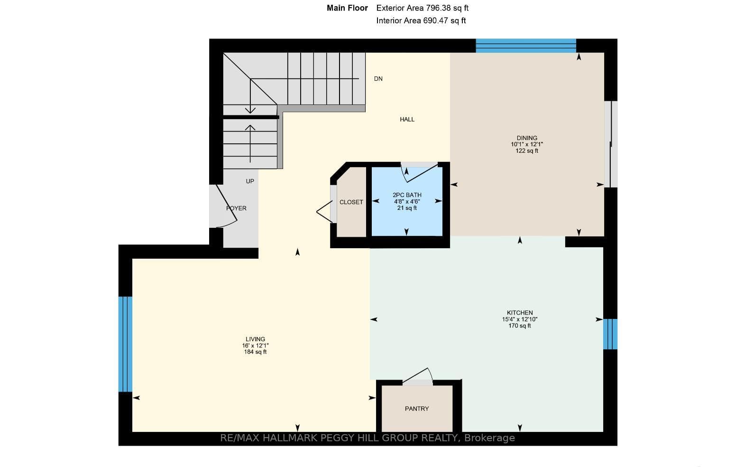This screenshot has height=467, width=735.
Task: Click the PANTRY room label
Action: coord(417,409)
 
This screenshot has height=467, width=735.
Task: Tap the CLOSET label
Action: coord(351,202)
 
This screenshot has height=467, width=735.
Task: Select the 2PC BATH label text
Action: coord(407,195)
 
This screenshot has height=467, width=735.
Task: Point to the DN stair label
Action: coord(378,78)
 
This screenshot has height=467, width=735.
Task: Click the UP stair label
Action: coord(250,181)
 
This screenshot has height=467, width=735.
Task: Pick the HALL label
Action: coord(407,119)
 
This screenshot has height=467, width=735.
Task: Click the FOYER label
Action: coord(236,208)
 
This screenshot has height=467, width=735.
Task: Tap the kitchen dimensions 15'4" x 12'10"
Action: coord(520,319)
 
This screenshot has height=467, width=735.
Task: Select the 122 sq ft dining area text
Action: coord(527,151)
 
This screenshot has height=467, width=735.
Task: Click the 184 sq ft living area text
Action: coord(255,352)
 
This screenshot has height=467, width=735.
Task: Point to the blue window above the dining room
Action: coord(526,46)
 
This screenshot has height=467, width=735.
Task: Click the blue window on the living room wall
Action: coord(125,344)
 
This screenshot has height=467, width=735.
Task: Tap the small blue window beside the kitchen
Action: coord(610,334)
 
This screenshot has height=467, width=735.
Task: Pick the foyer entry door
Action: coord(226,206)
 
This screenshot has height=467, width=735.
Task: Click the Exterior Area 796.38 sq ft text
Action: coord(423,8)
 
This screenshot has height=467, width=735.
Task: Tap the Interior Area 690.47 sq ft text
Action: coord(421,20)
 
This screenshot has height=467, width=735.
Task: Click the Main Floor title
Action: coord(347,8)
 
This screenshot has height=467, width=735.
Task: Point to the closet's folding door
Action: coord(325,212)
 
